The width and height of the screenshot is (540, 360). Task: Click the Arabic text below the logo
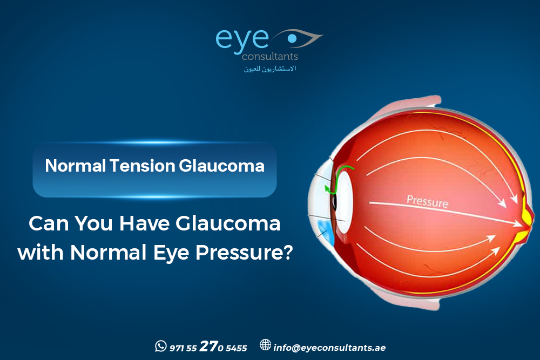pos(270,69)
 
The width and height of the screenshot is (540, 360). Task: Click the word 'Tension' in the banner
pos(143,166)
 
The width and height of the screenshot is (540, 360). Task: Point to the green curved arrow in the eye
pos(338,178)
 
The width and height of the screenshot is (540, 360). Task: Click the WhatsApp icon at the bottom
pos(160,346)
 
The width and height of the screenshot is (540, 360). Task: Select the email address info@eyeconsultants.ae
pos(329,348)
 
